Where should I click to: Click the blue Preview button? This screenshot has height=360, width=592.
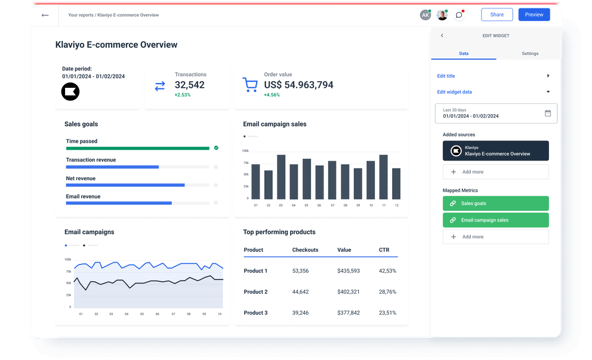534,15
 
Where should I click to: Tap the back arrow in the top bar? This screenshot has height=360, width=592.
45,15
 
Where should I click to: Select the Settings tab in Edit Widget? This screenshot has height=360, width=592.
529,54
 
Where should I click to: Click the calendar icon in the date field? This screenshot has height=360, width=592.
548,113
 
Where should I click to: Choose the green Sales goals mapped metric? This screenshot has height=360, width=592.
495,204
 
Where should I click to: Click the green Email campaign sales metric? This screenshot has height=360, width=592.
495,220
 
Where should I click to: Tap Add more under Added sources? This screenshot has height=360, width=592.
495,172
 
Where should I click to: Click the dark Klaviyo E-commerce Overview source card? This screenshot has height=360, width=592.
495,151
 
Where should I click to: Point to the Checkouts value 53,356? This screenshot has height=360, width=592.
300,271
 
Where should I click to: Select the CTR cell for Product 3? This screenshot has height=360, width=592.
387,313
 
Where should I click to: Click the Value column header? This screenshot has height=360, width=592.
344,250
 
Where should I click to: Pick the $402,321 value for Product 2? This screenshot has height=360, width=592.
349,292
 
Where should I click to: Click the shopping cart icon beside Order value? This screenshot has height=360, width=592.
250,85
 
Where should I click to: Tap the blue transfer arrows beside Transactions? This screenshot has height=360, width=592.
160,86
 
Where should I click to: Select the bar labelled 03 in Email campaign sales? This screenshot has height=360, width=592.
281,177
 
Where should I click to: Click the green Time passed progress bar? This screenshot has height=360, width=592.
138,148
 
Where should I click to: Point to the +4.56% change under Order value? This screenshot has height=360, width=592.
272,95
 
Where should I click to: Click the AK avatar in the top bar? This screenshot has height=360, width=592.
425,15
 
